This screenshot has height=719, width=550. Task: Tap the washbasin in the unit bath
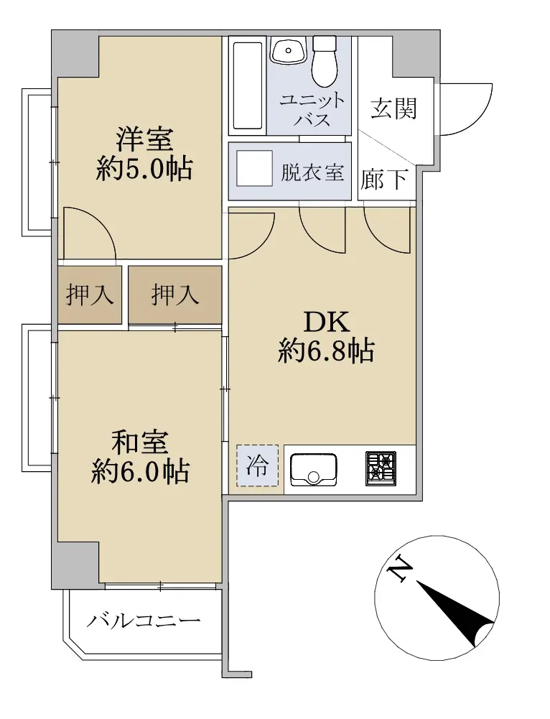click(x=288, y=50)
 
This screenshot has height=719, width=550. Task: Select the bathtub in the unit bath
click(x=248, y=85)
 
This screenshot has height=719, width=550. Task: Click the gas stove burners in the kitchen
click(x=381, y=468)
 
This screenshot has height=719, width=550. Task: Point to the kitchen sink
click(x=314, y=470)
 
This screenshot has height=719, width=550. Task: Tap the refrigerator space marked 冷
click(x=257, y=466)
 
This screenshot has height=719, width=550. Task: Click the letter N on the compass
click(x=400, y=570)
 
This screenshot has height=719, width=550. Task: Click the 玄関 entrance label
click(x=393, y=108)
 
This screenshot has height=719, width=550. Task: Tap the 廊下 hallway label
click(x=384, y=179)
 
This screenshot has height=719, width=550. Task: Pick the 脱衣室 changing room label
click(x=312, y=172)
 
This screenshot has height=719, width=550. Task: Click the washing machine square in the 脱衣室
click(x=254, y=168)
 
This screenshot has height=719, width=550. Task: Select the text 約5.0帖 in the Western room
click(x=144, y=169)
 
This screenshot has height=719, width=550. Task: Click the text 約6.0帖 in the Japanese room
click(x=140, y=471)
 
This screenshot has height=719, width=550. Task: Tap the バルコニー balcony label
click(x=144, y=621)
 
